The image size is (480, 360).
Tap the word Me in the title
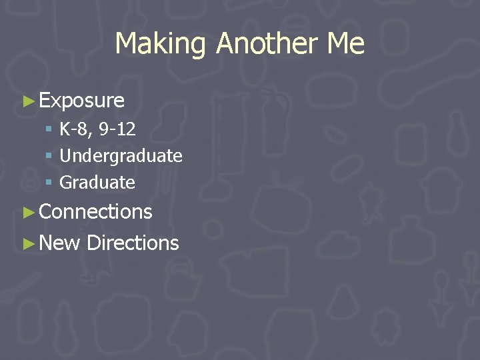click(x=345, y=44)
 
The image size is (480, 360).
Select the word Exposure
click(x=82, y=101)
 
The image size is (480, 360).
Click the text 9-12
click(x=117, y=129)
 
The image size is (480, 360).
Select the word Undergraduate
click(x=121, y=156)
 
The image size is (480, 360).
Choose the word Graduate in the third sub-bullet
click(x=97, y=182)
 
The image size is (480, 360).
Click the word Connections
click(x=96, y=212)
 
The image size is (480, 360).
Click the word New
click(x=60, y=243)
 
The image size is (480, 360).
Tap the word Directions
click(x=133, y=243)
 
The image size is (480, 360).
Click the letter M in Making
click(x=124, y=44)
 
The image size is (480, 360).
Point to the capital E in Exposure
click(x=45, y=101)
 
